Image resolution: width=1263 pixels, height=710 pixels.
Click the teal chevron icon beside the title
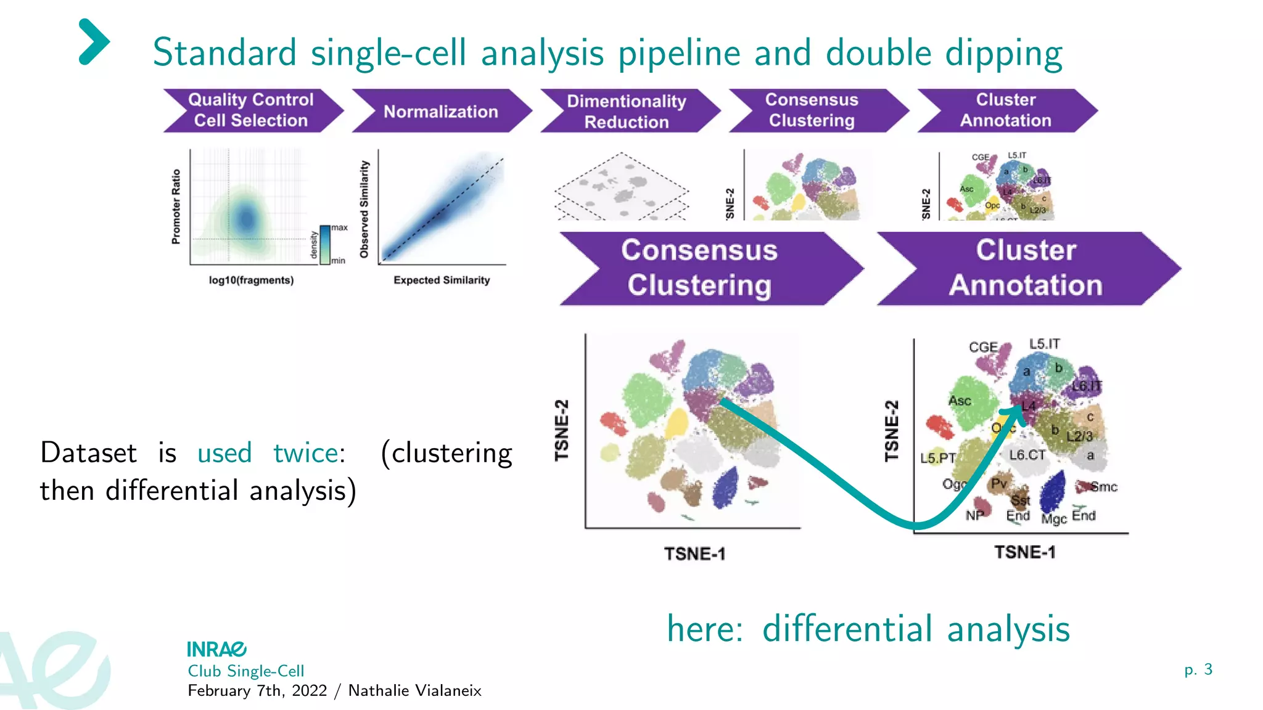(x=94, y=42)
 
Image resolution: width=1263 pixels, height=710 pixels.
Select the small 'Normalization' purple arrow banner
(x=440, y=112)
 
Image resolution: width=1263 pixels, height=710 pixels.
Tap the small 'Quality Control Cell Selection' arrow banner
(x=251, y=110)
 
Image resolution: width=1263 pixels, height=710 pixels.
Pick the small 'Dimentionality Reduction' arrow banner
(x=627, y=112)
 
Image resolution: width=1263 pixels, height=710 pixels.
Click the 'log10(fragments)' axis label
(x=251, y=280)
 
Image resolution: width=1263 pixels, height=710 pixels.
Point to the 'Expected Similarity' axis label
(x=442, y=280)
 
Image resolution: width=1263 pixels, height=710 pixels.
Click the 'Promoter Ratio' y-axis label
(x=176, y=207)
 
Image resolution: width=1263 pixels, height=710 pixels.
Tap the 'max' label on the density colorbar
(x=339, y=228)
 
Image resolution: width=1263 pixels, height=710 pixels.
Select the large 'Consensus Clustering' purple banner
(x=700, y=269)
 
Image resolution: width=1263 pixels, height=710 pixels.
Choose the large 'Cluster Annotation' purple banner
(x=1026, y=269)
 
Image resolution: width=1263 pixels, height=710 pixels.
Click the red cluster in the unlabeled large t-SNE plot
(x=613, y=423)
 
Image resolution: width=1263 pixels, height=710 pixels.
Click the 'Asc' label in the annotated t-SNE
(x=960, y=401)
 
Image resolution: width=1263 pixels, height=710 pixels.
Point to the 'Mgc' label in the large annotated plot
(x=1053, y=519)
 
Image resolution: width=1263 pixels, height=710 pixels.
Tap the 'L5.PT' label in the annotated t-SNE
(x=937, y=459)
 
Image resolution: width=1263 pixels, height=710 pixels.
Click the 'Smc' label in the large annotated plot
(x=1103, y=487)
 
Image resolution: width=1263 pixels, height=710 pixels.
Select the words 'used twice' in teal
(x=268, y=454)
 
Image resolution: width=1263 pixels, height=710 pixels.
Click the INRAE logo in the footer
(x=216, y=649)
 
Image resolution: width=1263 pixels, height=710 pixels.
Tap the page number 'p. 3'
(x=1198, y=669)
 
